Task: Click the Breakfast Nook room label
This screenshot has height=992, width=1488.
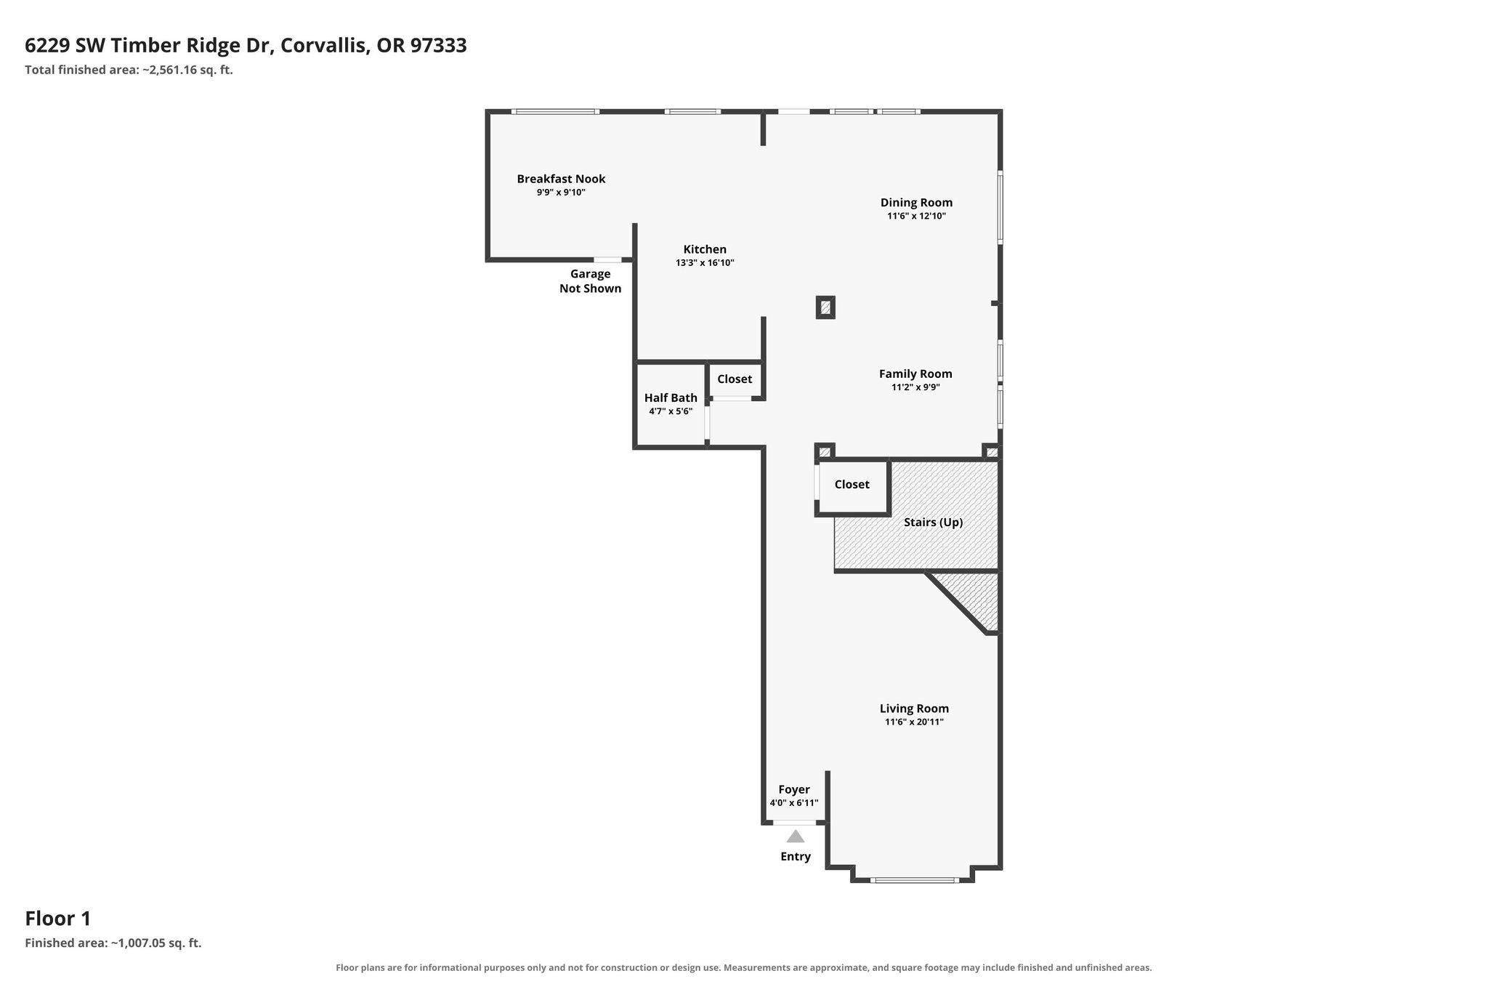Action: [x=561, y=179]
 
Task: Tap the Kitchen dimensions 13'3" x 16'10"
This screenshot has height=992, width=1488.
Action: [x=705, y=263]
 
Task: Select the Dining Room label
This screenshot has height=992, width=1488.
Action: [x=916, y=203]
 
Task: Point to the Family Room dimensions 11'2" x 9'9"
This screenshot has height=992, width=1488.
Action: [x=915, y=387]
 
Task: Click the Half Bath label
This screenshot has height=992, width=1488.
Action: [x=671, y=398]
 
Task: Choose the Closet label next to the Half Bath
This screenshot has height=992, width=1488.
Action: [x=735, y=379]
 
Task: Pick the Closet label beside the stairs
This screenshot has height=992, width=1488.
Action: [x=852, y=484]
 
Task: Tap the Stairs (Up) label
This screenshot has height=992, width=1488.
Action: [x=933, y=522]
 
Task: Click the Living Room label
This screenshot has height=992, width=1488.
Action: [x=914, y=709]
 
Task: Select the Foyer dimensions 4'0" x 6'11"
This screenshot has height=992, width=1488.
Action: [x=794, y=803]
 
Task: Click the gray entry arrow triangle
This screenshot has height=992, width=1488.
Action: [x=796, y=836]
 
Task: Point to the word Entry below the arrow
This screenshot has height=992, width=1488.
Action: [x=796, y=857]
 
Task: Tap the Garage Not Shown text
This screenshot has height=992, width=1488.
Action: [x=590, y=281]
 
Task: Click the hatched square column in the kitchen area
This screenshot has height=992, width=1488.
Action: [x=825, y=307]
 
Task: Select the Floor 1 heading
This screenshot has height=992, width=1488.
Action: [x=58, y=919]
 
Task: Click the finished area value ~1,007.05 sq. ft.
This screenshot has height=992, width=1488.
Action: [x=155, y=943]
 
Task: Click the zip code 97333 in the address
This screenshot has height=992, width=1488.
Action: [x=439, y=46]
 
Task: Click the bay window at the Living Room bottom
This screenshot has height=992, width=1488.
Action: [x=914, y=880]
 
